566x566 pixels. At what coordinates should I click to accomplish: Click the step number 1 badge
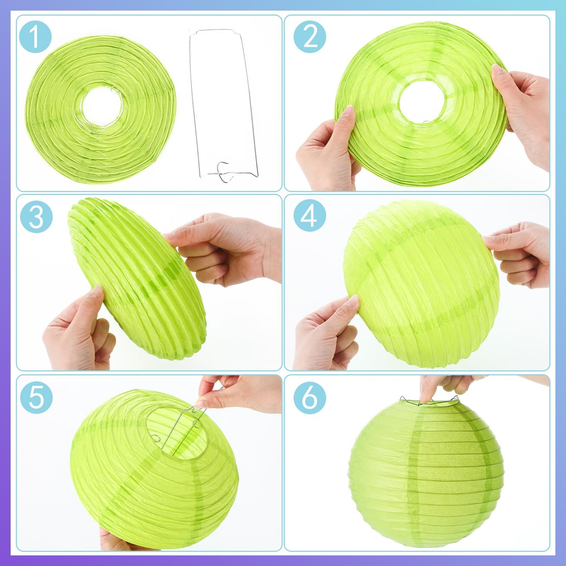click(x=35, y=37)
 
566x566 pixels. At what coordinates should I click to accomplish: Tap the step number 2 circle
click(x=309, y=37)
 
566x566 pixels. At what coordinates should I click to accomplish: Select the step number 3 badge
click(x=36, y=218)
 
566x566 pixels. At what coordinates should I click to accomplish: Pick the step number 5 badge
click(x=36, y=398)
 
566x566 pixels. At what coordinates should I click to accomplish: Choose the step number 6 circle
click(x=309, y=398)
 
